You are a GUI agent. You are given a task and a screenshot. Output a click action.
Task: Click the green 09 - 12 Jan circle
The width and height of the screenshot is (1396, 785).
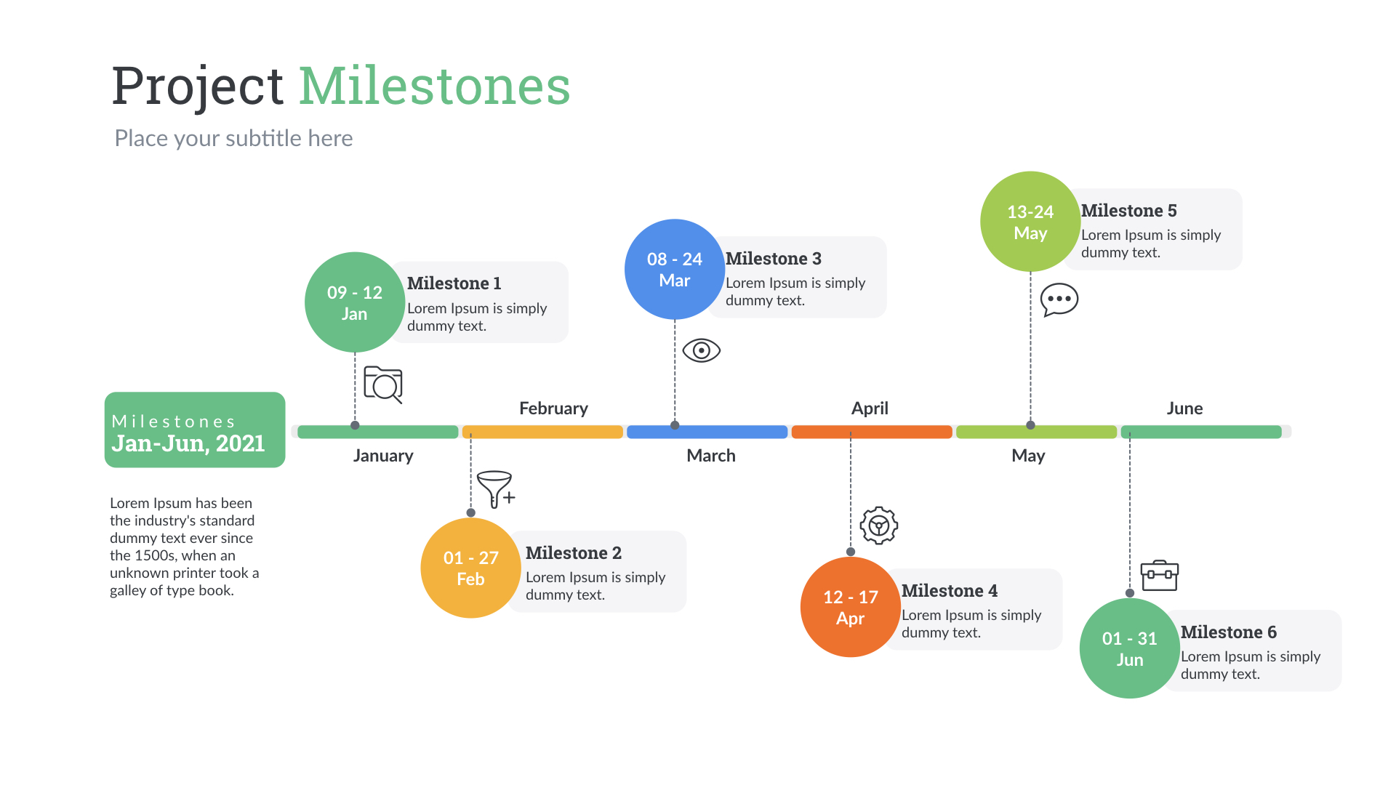pos(354,302)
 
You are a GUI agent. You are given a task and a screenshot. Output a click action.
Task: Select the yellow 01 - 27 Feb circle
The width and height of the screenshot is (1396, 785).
pos(470,568)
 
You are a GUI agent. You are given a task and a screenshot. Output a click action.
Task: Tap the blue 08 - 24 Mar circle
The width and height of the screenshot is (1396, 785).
pos(674,269)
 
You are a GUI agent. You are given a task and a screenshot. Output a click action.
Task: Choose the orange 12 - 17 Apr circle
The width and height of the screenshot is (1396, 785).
pos(850,607)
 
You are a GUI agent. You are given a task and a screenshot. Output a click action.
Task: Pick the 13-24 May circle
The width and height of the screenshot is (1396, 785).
pos(1030,222)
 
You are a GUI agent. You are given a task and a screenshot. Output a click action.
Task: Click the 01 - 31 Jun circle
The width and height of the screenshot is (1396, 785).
pos(1129,648)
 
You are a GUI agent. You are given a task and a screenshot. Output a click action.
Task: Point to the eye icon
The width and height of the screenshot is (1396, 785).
pos(701,350)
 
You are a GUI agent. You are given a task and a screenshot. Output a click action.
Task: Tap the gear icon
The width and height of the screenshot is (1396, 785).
pos(878,525)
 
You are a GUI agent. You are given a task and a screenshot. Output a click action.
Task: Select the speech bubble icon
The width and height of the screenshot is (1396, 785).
pos(1059,299)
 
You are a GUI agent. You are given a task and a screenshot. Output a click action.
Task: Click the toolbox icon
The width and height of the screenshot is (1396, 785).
pos(1159,576)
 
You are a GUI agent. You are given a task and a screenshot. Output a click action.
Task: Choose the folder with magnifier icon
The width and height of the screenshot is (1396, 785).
pos(383,385)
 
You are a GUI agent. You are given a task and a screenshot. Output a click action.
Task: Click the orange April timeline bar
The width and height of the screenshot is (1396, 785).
pos(871,432)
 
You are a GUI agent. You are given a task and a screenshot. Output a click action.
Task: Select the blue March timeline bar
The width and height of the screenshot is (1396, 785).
pos(707,432)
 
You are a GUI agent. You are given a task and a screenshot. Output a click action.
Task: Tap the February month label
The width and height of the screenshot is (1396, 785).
pos(553,408)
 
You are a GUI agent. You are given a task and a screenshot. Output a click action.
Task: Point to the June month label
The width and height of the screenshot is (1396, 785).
pos(1184,408)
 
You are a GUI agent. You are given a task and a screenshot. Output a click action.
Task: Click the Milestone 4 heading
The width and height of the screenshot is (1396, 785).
pos(949,591)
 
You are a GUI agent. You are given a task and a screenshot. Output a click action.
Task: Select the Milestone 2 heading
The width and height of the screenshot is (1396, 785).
pos(573,553)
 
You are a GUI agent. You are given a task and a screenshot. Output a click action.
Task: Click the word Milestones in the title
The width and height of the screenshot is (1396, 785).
pos(434,86)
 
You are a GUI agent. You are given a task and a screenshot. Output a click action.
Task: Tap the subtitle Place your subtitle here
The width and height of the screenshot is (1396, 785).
pos(233,138)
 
